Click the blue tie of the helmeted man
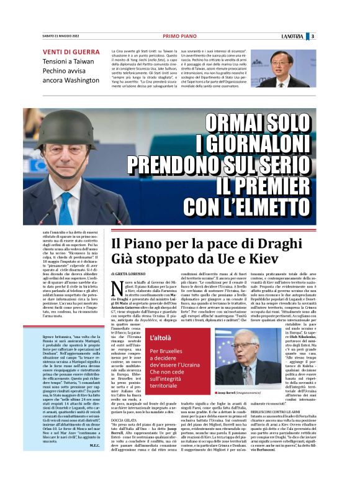[65, 205]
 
